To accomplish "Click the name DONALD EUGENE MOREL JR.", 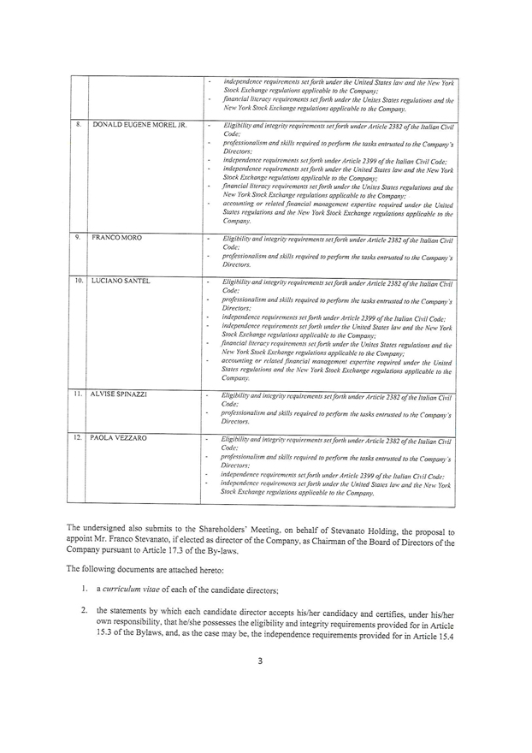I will [x=139, y=125].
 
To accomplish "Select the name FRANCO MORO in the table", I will [x=117, y=236].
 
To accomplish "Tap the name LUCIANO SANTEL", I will [x=122, y=281].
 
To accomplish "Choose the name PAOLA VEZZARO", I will [x=120, y=439].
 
